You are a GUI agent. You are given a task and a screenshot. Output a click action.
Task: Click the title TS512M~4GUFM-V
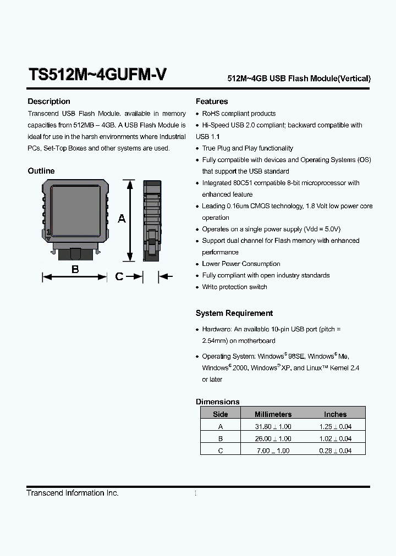click(97, 75)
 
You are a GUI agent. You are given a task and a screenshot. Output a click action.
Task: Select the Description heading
click(49, 102)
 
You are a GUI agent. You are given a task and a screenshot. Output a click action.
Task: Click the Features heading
click(212, 102)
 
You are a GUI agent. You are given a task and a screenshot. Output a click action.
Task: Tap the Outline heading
click(41, 171)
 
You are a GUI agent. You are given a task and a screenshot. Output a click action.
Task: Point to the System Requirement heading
click(234, 313)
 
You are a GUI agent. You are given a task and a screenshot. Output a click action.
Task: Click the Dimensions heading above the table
click(218, 402)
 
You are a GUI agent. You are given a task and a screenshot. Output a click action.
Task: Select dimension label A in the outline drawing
click(122, 219)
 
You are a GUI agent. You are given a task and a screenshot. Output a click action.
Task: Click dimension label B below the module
click(75, 269)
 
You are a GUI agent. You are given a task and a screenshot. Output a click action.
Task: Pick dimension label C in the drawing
click(119, 277)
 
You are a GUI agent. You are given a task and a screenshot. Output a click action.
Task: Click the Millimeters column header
click(273, 414)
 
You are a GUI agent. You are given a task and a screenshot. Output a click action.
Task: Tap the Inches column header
click(335, 414)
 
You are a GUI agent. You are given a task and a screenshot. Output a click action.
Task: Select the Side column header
click(220, 414)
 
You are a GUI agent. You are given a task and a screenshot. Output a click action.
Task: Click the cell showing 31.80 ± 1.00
click(273, 426)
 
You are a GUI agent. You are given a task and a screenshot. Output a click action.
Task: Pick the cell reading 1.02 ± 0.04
click(335, 438)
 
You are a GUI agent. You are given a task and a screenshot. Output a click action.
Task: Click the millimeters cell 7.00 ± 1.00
click(273, 451)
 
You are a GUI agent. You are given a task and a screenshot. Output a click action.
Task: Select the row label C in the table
click(220, 451)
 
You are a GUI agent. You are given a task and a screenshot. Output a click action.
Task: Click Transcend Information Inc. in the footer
click(73, 493)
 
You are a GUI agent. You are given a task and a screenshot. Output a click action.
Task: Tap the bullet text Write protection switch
click(234, 287)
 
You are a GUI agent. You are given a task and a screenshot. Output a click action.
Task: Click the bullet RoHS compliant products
click(239, 113)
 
